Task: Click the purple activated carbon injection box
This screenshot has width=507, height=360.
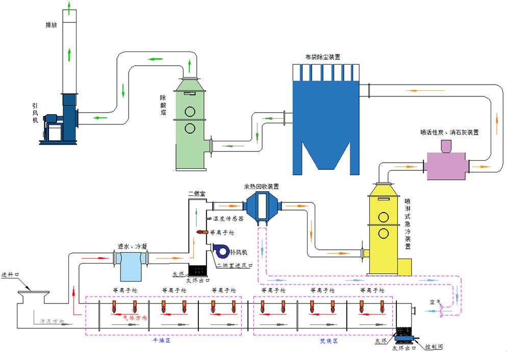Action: click(x=447, y=165)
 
